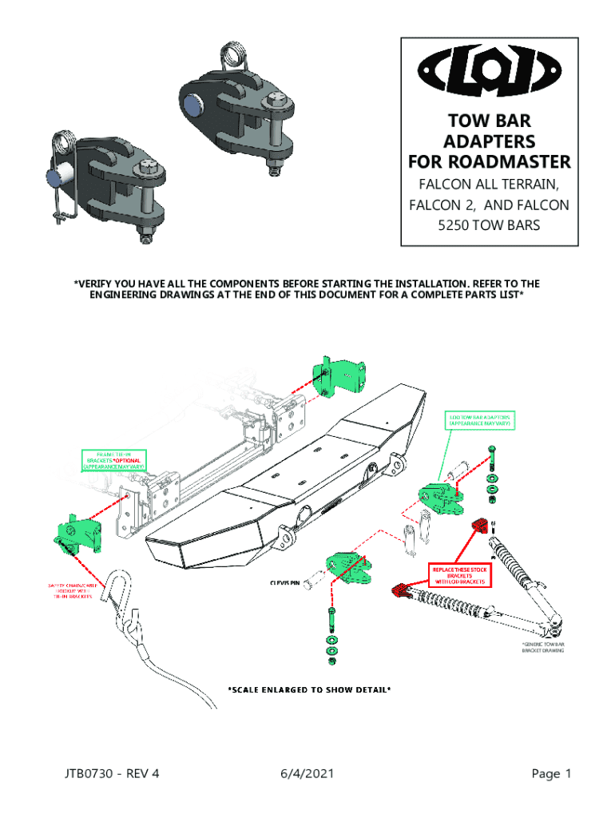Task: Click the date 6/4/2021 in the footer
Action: click(307, 773)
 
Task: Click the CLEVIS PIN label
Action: click(284, 582)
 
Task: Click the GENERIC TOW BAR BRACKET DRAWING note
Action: click(543, 647)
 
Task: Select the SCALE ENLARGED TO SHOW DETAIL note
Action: click(308, 689)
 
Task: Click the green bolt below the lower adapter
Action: click(331, 617)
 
